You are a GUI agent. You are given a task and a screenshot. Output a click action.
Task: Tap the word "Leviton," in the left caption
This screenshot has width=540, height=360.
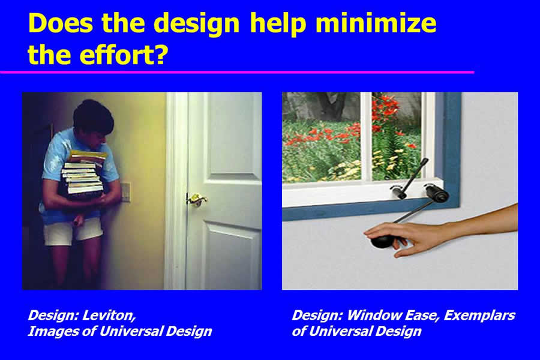[110, 316]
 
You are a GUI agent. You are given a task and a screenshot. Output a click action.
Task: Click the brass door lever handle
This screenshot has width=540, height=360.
[197, 199]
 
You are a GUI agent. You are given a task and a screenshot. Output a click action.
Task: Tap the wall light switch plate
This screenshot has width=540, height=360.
[126, 191]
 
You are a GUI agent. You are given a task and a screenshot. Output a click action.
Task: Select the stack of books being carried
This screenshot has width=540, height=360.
[83, 175]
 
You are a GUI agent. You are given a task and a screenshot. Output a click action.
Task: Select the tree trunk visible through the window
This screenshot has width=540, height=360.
[331, 106]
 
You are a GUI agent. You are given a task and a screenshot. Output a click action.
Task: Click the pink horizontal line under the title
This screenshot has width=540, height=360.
[237, 73]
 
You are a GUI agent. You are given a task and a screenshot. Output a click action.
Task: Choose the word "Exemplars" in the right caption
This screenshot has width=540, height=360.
[479, 315]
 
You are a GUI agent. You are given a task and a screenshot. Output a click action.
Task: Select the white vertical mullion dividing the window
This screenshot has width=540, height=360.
[366, 137]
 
